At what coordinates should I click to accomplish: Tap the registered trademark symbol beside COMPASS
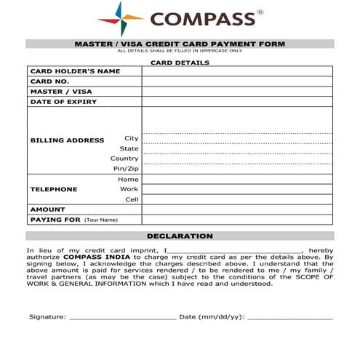pos(260,12)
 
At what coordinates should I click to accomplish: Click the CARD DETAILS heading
pos(180,63)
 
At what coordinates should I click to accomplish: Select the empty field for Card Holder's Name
pos(237,71)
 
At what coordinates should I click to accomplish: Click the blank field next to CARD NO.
pos(237,81)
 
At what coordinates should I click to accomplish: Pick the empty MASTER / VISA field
pos(237,92)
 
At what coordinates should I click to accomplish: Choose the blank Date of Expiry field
pos(237,102)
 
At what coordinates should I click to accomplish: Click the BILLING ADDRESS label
pos(67,140)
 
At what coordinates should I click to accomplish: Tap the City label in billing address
pos(131,138)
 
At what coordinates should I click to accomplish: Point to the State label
pos(129,148)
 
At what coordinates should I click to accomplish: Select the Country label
pos(124,159)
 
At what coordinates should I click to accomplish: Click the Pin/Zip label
pos(126,169)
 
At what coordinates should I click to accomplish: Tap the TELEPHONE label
pos(53,189)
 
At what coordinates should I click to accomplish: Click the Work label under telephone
pos(129,189)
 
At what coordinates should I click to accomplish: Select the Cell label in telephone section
pos(131,199)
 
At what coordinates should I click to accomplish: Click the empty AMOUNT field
pos(237,209)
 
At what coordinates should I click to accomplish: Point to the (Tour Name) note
pos(100,220)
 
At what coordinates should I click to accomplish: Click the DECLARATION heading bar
pos(180,236)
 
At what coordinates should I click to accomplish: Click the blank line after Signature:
pos(122,318)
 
